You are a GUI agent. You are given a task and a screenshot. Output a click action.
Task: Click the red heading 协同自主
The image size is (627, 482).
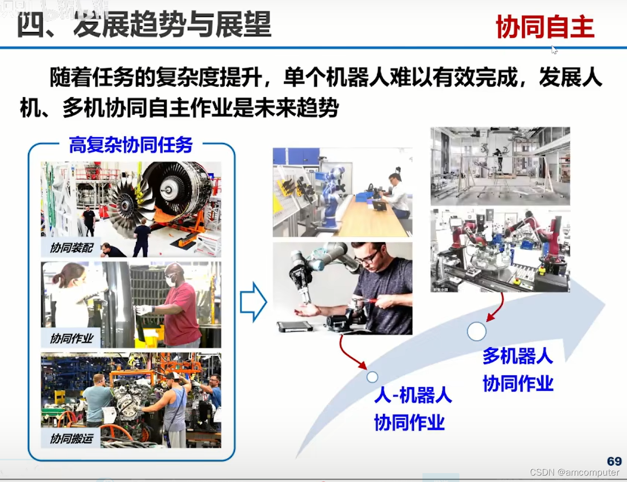[x=544, y=27]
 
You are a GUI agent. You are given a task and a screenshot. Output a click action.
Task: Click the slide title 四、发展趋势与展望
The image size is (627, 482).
[x=144, y=25]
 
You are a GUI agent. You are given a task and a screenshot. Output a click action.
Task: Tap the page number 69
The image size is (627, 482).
[x=614, y=461]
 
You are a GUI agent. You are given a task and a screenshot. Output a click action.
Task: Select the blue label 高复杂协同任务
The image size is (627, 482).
[x=131, y=145]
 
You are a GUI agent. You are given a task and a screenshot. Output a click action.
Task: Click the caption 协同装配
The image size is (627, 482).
[x=71, y=248]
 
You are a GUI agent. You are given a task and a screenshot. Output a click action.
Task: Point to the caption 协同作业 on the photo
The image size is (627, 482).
[x=71, y=338]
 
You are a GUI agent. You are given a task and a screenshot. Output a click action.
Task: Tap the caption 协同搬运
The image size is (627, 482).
[x=71, y=438]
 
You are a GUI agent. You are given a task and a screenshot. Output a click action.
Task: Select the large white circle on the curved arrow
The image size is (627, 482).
[x=477, y=332]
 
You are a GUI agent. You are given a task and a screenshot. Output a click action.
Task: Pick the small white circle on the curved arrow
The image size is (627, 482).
[x=372, y=377]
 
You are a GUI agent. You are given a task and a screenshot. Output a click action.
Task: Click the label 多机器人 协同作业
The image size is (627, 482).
[x=518, y=370]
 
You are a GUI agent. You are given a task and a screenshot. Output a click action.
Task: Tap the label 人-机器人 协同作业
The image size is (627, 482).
[x=412, y=409]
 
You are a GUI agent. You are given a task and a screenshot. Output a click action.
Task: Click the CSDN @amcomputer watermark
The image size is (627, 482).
[x=574, y=472]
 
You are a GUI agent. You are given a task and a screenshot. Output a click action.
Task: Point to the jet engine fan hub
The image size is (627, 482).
[x=169, y=188]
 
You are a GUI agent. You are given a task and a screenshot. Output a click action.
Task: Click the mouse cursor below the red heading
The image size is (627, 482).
[x=554, y=50]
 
